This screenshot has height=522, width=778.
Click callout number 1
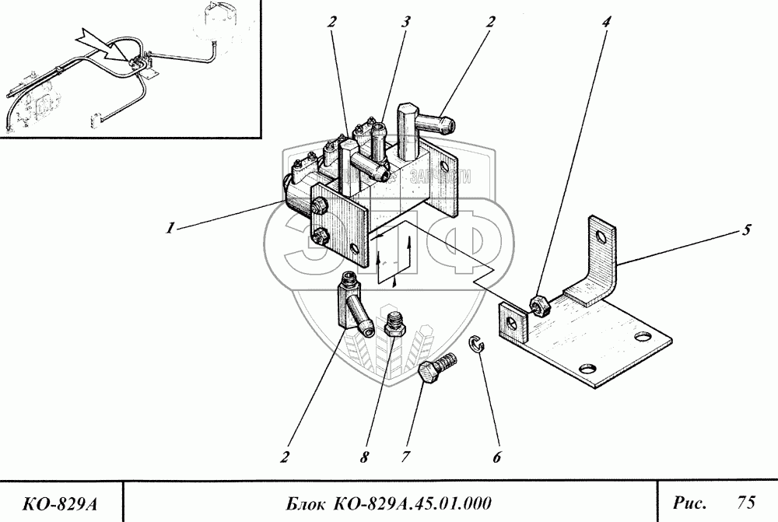[x=169, y=228]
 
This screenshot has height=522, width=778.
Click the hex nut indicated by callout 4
[x=538, y=304]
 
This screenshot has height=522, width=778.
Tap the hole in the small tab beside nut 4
[x=510, y=320]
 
